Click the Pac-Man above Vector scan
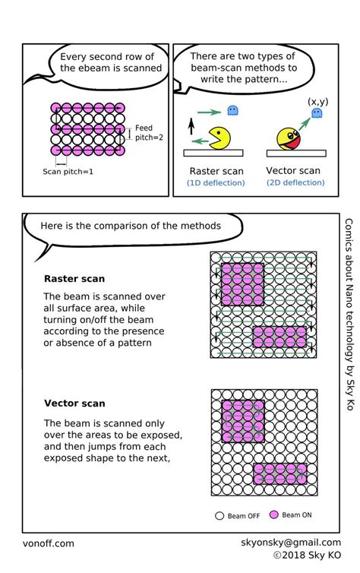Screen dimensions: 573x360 290,138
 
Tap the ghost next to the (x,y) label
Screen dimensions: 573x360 315,114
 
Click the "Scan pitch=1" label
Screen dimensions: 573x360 68,172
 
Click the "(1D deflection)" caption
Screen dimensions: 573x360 216,183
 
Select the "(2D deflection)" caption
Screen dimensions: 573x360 295,183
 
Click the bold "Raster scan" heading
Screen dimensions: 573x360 74,279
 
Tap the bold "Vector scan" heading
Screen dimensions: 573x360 74,403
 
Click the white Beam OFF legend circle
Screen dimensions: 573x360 219,515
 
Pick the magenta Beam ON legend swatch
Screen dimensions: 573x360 273,515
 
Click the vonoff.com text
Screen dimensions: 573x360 48,543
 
